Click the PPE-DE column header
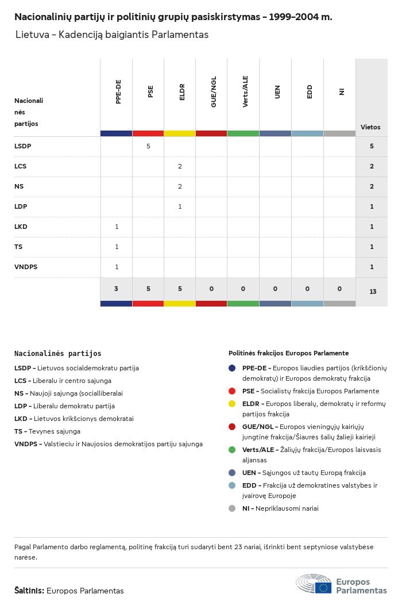point(118,91)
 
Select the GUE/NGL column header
point(214,91)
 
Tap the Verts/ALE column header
point(245,91)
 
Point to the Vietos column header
point(370,127)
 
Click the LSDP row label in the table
point(23,146)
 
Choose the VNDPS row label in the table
point(26,267)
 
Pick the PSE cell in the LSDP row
point(148,146)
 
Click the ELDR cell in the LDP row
point(180,206)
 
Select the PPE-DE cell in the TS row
point(117,247)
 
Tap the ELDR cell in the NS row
point(180,186)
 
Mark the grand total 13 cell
point(373,292)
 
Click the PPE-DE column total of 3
point(116,289)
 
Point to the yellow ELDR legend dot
point(232,404)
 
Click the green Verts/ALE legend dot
point(232,450)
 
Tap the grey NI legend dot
point(232,508)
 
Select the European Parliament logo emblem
point(314,583)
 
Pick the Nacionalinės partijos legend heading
point(58,353)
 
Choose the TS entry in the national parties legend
point(48,431)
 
